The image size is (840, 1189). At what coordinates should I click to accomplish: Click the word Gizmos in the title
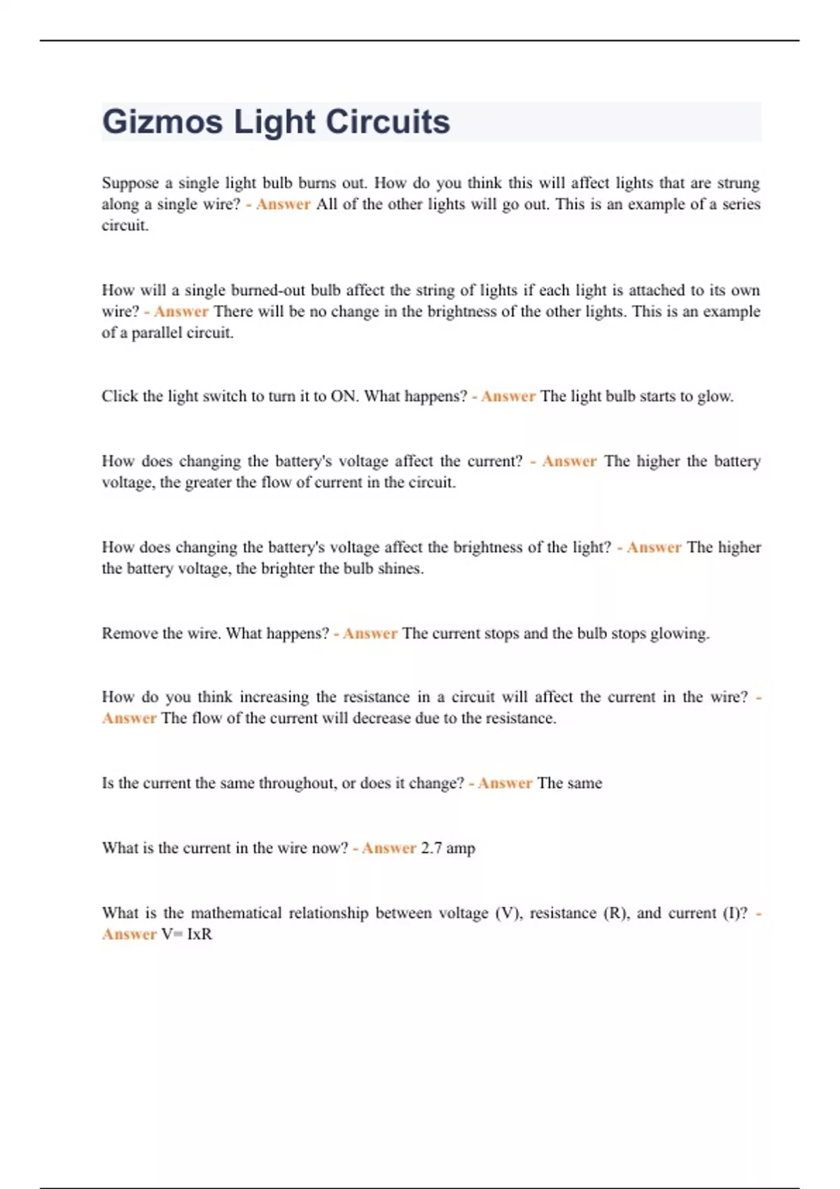162,122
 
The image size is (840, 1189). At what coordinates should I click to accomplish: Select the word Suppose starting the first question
130,183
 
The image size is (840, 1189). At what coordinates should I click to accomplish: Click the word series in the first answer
741,204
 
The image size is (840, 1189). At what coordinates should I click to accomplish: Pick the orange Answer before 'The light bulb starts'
508,397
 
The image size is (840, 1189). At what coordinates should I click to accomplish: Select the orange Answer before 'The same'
505,783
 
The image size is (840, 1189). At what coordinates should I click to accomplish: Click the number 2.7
431,848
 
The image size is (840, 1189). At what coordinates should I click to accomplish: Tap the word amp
461,848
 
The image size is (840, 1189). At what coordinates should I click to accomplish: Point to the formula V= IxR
186,934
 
